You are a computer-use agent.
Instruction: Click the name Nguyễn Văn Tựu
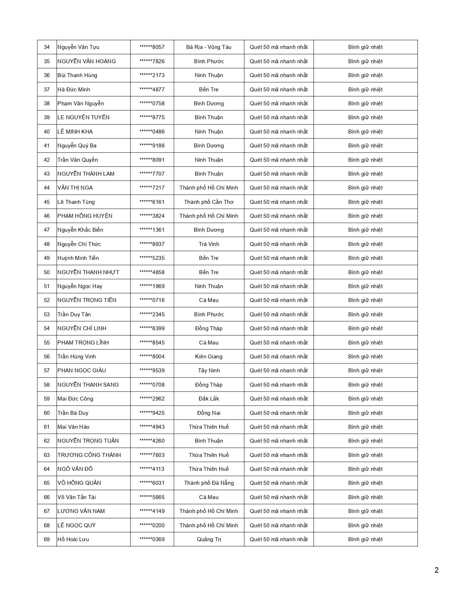[x=78, y=47]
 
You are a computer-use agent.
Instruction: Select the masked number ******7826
[x=152, y=61]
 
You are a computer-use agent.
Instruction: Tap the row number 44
[x=47, y=188]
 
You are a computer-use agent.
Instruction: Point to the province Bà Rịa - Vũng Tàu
[x=209, y=47]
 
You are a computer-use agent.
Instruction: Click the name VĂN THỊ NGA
[x=75, y=188]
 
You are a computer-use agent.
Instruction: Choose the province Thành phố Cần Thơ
[x=209, y=202]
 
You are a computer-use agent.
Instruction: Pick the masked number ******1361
[x=152, y=230]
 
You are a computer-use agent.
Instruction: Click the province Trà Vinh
[x=209, y=244]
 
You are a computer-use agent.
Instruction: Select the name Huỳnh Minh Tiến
[x=78, y=258]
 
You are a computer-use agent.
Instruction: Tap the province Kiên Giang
[x=209, y=357]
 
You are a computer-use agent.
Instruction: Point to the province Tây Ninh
[x=209, y=371]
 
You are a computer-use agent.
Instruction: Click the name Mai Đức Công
[x=75, y=399]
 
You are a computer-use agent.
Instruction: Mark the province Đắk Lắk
[x=209, y=399]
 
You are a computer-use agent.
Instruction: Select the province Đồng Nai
[x=209, y=413]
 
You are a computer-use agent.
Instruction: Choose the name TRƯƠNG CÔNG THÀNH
[x=89, y=455]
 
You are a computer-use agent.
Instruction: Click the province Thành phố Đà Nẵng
[x=209, y=483]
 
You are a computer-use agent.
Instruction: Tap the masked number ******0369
[x=152, y=539]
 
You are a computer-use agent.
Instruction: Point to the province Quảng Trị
[x=209, y=539]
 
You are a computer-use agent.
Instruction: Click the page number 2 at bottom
[x=436, y=570]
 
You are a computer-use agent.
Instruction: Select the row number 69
[x=47, y=539]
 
